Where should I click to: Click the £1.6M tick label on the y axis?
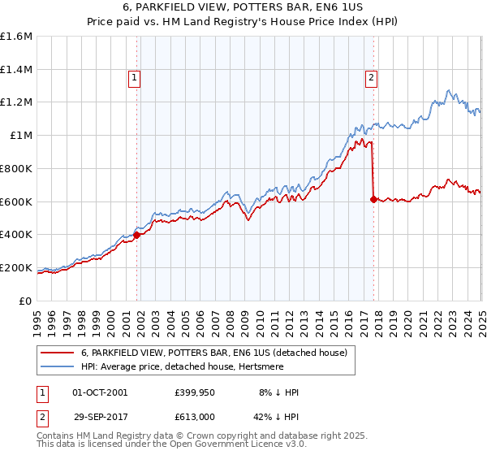point(16,37)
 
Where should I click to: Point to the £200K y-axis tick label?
point(16,267)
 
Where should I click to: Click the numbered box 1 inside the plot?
point(134,78)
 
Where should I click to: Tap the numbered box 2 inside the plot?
point(371,78)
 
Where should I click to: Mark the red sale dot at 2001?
point(137,235)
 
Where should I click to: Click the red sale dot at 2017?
point(373,199)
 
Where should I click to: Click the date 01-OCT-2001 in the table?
point(100,392)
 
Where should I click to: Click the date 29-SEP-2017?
point(100,416)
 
